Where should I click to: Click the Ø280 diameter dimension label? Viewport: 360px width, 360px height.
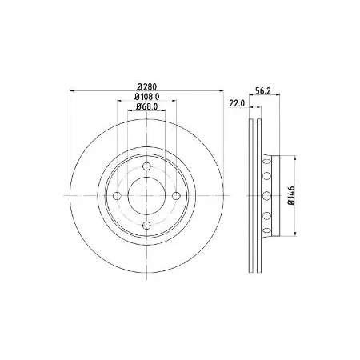146,86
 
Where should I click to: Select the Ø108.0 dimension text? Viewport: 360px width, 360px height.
146,98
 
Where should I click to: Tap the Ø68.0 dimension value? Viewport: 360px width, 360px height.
146,108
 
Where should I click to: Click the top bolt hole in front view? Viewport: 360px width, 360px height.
146,166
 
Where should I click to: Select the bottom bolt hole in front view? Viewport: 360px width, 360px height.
146,226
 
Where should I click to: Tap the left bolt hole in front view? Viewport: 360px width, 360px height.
117,196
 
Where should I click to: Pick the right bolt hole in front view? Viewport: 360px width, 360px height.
176,196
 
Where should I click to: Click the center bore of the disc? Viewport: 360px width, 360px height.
146,196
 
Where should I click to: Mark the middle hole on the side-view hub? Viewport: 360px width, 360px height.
267,196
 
